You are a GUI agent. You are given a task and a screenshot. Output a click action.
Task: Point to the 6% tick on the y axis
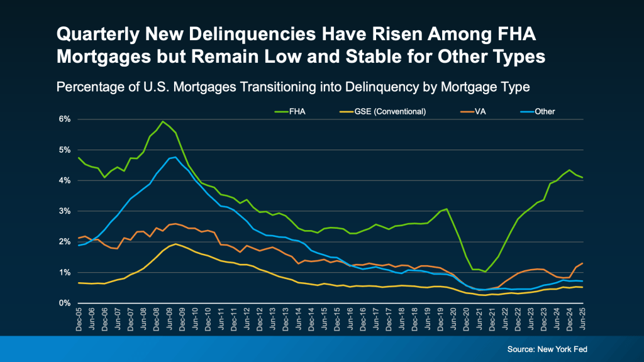point(65,119)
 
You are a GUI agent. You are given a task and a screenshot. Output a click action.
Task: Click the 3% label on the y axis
point(65,211)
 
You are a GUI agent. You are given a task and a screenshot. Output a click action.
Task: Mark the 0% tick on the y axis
point(65,303)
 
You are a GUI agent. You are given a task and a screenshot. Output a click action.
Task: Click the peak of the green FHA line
point(163,121)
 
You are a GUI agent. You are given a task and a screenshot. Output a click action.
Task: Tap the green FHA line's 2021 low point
point(485,272)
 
